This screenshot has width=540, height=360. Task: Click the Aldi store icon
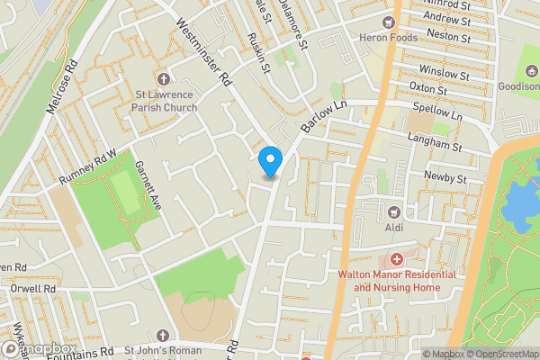393,212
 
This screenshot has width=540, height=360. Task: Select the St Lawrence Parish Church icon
163,78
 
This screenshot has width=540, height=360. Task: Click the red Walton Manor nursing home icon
396,259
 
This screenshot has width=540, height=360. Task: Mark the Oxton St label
428,90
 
